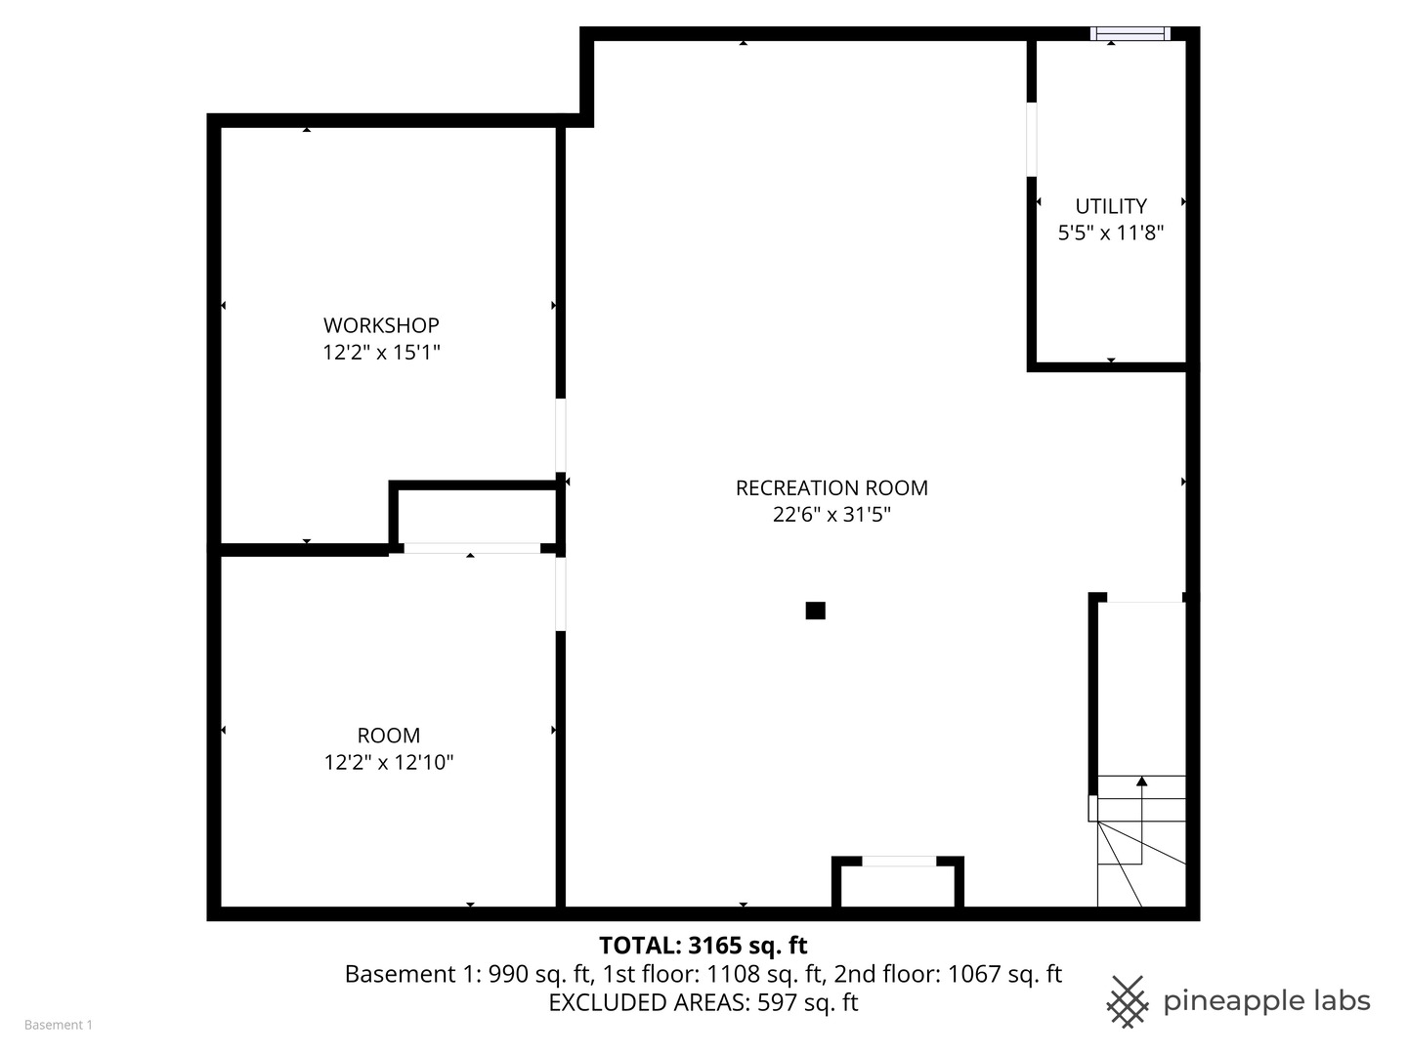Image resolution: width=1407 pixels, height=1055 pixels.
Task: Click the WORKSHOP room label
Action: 381,325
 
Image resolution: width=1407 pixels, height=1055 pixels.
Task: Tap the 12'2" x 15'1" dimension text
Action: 381,353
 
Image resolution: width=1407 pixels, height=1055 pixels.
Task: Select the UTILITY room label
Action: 1111,206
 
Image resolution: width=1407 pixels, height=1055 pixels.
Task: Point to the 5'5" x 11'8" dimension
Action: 1111,233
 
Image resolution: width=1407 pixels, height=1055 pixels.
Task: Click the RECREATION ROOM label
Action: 831,487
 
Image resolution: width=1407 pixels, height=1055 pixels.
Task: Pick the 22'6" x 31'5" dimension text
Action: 831,515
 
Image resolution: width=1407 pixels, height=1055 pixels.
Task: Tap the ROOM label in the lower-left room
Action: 389,736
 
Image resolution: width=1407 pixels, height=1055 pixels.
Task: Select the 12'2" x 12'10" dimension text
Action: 389,763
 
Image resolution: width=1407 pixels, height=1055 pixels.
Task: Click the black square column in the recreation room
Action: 816,611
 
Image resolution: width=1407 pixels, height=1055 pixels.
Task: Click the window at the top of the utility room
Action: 1130,34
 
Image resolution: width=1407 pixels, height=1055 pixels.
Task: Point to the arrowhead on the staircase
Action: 1141,781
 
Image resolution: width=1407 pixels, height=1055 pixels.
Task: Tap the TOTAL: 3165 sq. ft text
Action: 703,946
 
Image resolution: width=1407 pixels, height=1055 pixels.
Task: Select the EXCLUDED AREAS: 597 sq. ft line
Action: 703,1003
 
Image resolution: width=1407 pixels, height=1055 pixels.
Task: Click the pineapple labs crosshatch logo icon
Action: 1128,1001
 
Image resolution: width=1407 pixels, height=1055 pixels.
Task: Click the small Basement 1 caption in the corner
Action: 59,1025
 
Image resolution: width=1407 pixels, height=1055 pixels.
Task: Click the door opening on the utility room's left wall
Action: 1032,140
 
